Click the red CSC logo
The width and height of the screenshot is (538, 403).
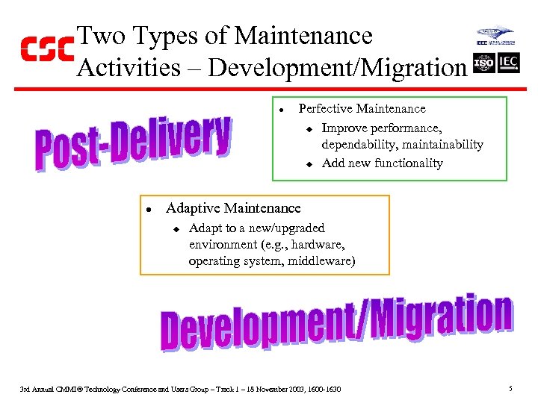46,49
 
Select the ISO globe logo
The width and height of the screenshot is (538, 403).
483,63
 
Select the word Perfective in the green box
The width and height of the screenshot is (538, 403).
326,109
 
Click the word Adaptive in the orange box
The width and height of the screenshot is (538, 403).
192,208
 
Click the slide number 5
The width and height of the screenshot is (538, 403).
510,389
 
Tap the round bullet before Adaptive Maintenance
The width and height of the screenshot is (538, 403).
149,209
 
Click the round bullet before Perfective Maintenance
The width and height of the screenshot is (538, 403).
282,110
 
